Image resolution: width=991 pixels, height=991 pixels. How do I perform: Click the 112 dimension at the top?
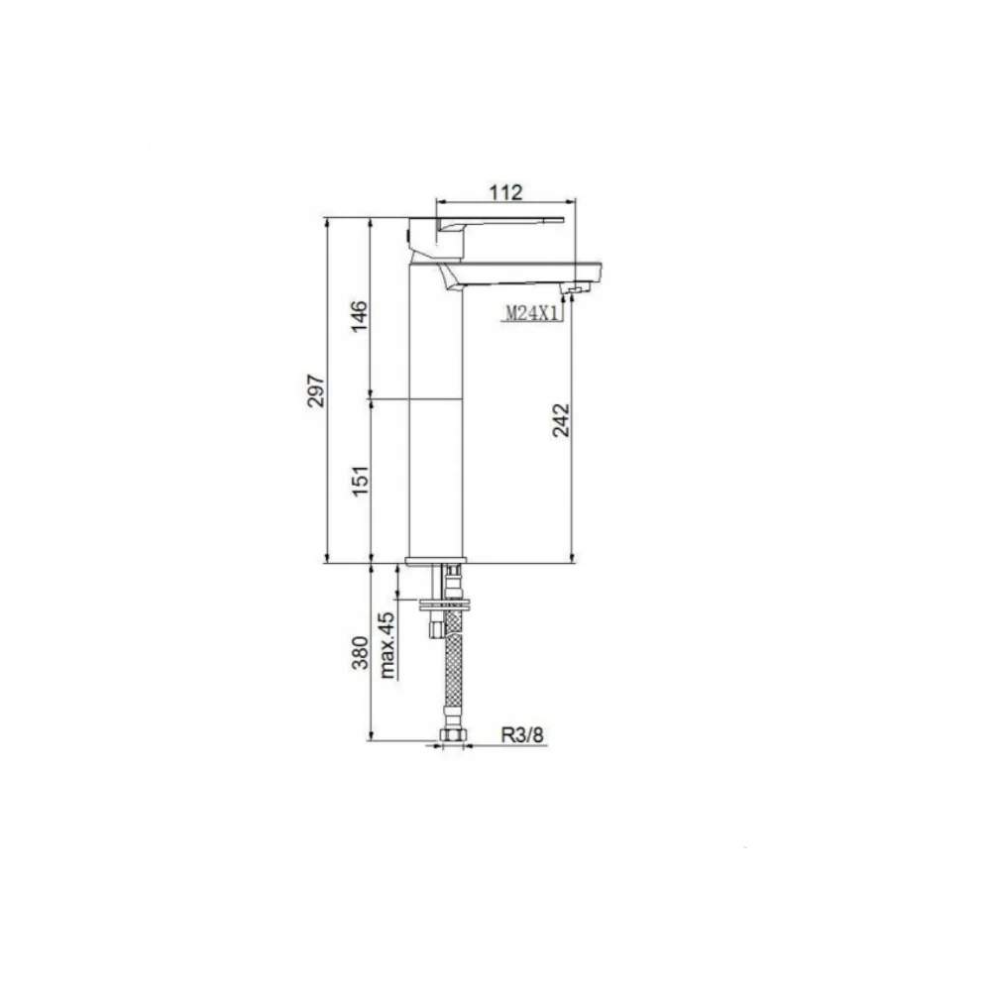(x=506, y=192)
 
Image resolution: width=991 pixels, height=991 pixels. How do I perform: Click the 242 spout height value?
(x=560, y=420)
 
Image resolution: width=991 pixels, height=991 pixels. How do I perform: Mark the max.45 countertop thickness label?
(x=387, y=645)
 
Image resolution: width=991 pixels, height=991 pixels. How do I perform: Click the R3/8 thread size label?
(x=521, y=734)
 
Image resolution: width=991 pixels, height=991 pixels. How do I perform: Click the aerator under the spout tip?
(x=574, y=288)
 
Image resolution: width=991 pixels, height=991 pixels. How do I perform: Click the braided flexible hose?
(x=454, y=674)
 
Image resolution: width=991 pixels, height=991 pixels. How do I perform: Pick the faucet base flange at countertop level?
(x=436, y=562)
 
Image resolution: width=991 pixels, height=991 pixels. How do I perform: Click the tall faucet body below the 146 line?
(x=436, y=476)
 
